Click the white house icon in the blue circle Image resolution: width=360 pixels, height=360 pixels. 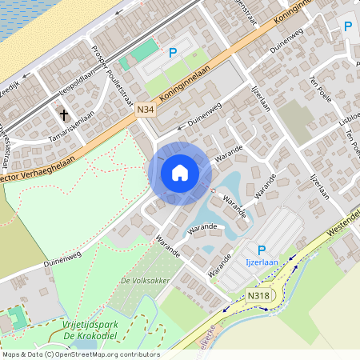point(180,173)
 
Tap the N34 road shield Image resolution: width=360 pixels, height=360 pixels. point(145,110)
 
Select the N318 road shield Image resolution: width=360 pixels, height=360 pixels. point(258,296)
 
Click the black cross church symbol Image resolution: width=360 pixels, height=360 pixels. point(64,114)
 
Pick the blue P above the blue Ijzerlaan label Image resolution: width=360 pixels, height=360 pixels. point(262,250)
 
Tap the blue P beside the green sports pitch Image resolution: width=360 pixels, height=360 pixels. point(172,54)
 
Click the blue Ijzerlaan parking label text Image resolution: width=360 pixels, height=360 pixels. point(261,262)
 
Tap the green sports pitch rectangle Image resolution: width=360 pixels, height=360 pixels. point(140,54)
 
